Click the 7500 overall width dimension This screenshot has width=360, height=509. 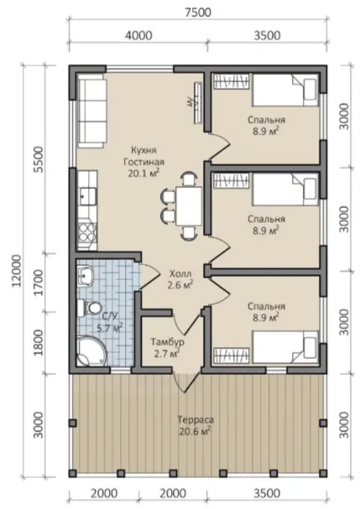point(198,13)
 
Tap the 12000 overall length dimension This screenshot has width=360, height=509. point(16,271)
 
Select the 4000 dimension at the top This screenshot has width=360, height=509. point(138,35)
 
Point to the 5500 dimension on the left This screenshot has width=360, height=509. point(38,160)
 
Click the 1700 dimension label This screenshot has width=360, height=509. point(38,283)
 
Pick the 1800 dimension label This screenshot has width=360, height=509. point(38,343)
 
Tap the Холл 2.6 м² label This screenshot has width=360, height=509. point(180,279)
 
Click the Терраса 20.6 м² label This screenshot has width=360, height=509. point(196,425)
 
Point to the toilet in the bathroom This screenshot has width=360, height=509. point(89,308)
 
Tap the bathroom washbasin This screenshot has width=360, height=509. point(85,275)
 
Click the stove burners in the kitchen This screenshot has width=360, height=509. point(87,231)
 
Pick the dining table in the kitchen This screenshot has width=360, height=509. point(189,206)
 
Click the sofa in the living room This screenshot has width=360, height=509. point(91,111)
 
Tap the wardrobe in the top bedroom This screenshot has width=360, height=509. point(231,81)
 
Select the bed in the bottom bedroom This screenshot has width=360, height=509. point(285,346)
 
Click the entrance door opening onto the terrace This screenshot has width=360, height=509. point(186,382)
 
